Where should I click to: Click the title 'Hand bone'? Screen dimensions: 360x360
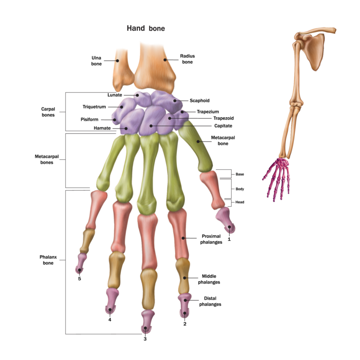click(146, 28)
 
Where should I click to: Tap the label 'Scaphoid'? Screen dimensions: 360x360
click(200, 101)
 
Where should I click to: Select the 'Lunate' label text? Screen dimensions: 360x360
click(114, 95)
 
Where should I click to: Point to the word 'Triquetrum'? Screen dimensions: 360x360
click(94, 107)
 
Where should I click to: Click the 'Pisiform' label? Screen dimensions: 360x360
click(90, 120)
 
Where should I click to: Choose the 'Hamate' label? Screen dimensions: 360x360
click(102, 128)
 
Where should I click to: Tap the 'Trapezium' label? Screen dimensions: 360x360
click(208, 112)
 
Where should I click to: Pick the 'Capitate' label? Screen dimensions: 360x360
click(223, 126)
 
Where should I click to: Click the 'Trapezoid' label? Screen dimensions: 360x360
click(224, 118)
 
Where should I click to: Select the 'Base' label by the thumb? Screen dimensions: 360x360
click(240, 174)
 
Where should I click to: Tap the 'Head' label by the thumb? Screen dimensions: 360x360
click(240, 202)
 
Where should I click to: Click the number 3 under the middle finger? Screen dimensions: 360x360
click(145, 339)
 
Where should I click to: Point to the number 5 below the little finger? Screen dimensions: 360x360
click(79, 279)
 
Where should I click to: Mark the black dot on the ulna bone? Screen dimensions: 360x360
click(117, 61)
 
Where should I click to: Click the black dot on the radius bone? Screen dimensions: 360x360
click(165, 60)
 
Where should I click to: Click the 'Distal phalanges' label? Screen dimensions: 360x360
click(210, 301)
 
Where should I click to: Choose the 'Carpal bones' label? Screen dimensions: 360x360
click(48, 112)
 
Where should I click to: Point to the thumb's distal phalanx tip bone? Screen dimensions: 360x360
click(225, 220)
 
